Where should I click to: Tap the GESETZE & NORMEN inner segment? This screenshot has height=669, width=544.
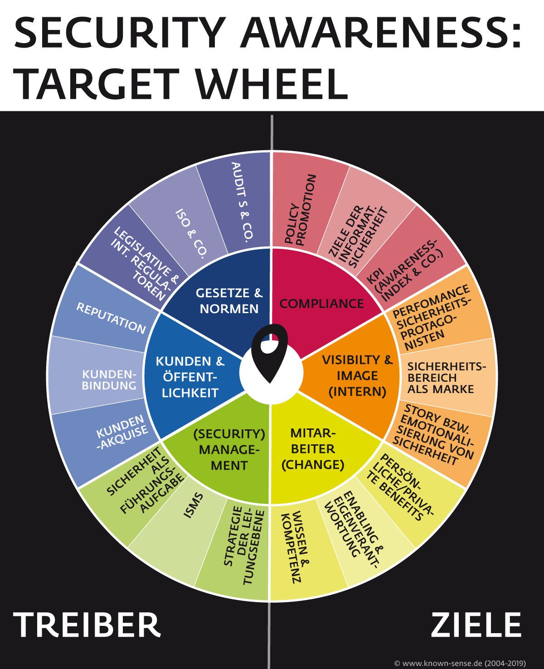(x=229, y=300)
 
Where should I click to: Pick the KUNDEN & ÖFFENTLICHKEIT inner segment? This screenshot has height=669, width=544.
(x=190, y=377)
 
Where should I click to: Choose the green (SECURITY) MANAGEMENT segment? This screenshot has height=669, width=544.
(x=229, y=449)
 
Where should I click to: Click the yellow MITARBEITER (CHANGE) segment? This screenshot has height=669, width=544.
(x=313, y=449)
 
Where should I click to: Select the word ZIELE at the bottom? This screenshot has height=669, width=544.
(x=476, y=625)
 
